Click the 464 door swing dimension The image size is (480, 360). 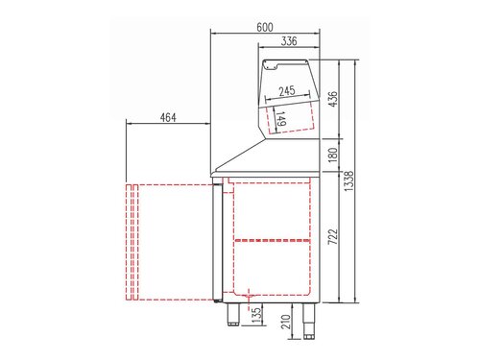(168, 118)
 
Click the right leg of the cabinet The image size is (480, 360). (309, 317)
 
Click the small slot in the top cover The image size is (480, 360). (272, 66)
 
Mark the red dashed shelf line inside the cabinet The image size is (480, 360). (274, 237)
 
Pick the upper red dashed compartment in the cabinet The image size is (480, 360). (274, 208)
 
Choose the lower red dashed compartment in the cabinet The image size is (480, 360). (274, 267)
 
